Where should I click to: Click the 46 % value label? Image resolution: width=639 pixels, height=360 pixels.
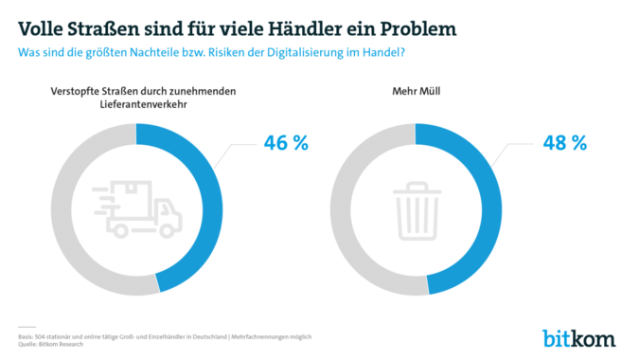tap(286, 143)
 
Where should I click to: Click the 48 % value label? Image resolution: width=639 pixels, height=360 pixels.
tap(564, 143)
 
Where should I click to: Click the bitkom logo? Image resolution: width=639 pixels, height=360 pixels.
tap(578, 336)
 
